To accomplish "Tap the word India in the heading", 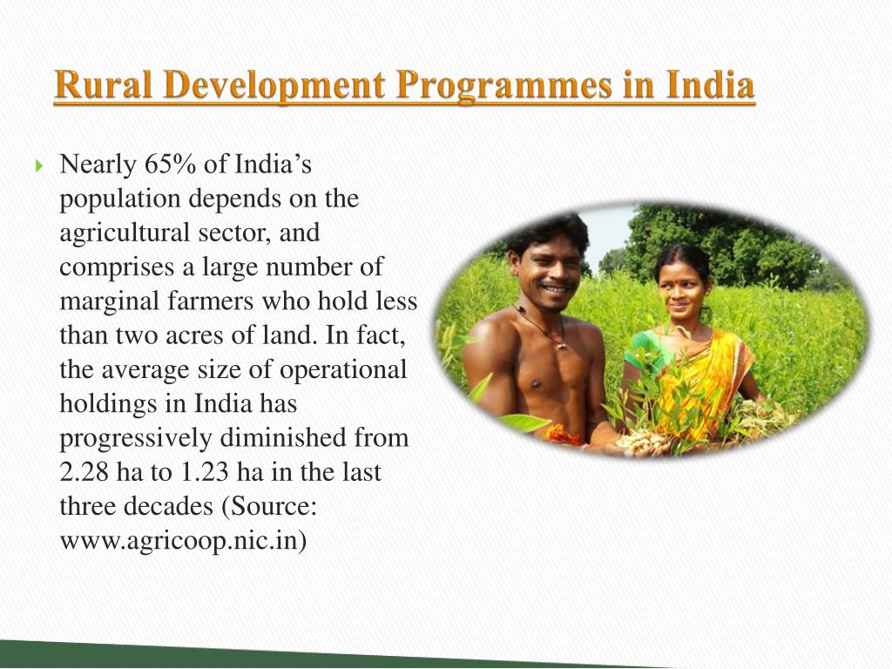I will click(711, 87).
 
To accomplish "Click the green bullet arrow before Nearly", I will click(40, 165).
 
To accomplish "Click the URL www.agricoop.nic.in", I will click(183, 541).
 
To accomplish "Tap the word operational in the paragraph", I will click(343, 369).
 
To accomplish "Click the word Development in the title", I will click(275, 87).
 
